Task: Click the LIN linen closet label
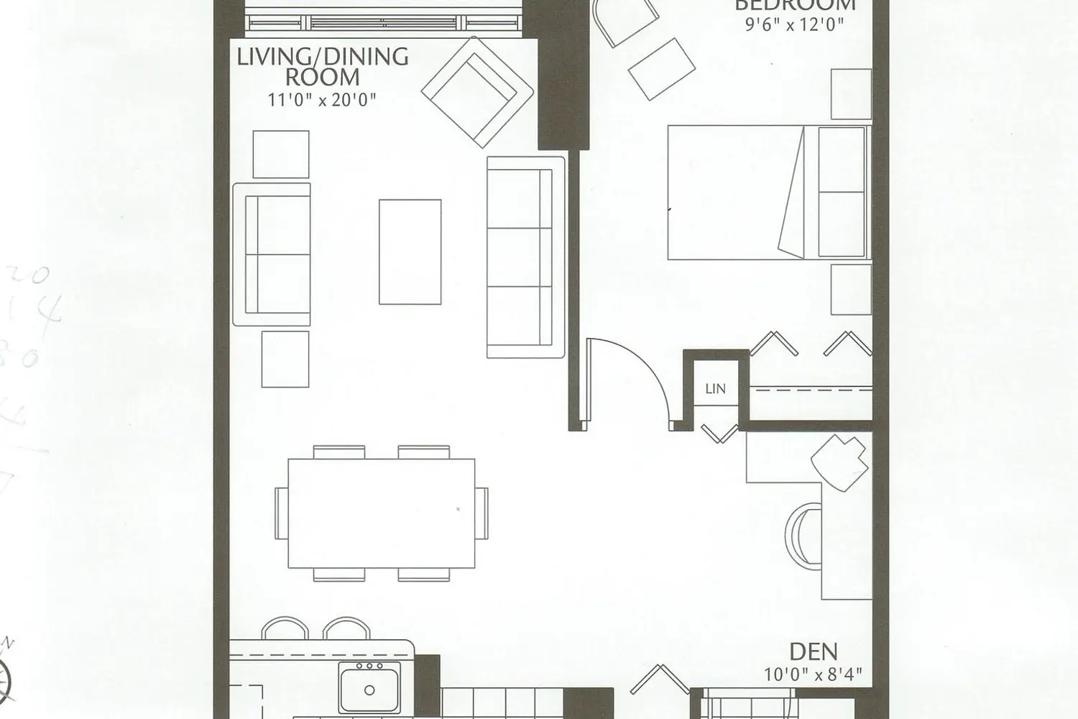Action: tap(715, 389)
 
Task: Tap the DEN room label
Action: tap(814, 652)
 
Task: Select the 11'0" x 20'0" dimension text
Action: tap(322, 99)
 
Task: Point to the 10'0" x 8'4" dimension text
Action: tap(813, 674)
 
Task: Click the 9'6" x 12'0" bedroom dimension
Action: tap(794, 24)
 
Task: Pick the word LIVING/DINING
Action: tap(323, 56)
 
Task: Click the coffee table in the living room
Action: tap(410, 252)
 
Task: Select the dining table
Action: tap(381, 513)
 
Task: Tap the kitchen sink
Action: tap(369, 687)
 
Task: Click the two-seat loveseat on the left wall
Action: tap(272, 254)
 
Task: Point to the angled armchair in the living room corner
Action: tap(477, 90)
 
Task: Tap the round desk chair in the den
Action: tap(804, 534)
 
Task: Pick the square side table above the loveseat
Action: tap(281, 154)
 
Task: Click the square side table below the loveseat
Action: tap(285, 359)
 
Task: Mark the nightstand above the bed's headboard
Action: tap(851, 94)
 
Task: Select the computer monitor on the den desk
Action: tap(839, 461)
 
